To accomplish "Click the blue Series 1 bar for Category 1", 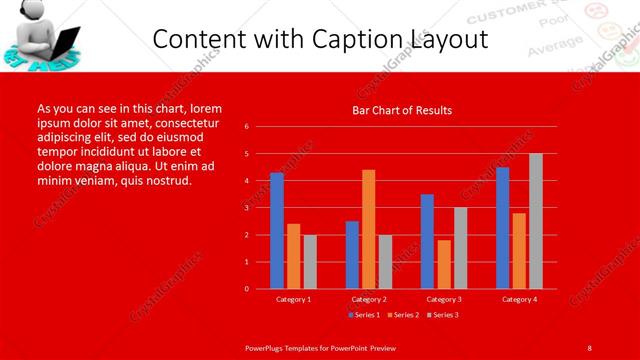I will (277, 230).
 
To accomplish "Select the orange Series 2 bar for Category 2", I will (368, 229).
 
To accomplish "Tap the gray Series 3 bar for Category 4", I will (536, 221).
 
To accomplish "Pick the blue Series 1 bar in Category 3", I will (427, 241).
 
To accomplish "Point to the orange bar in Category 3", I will (444, 264).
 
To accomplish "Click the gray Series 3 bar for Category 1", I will (310, 261).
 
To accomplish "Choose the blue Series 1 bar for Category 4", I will (502, 227).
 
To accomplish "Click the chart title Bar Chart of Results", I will (402, 110).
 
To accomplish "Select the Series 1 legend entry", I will (364, 315).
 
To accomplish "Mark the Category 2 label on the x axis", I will (368, 299).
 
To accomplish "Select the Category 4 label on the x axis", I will (519, 299).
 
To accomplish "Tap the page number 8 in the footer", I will (589, 347).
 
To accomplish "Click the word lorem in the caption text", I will (206, 108).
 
